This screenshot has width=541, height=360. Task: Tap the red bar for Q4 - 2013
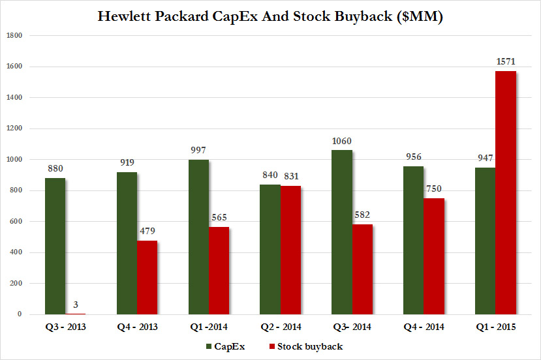(x=147, y=277)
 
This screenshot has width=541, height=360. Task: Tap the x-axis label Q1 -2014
(x=208, y=327)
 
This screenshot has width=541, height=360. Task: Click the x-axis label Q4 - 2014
(x=424, y=327)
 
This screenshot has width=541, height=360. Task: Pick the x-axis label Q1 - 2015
(x=495, y=327)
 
